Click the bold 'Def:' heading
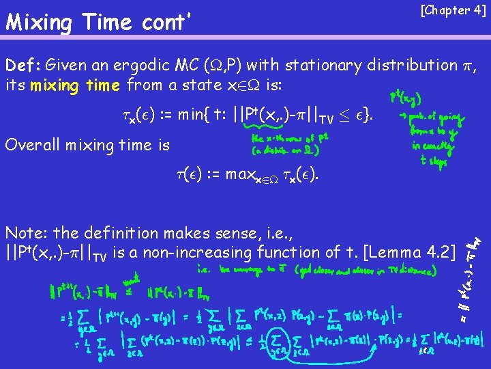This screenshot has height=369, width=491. point(23,66)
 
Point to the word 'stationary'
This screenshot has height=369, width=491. point(325,66)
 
